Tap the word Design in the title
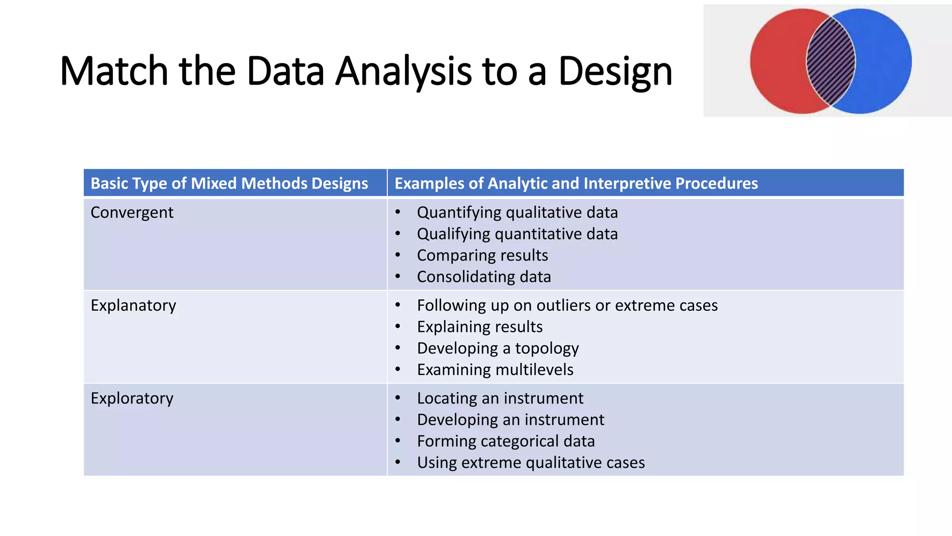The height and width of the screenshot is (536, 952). click(x=615, y=72)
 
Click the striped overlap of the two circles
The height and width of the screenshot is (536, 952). click(x=831, y=61)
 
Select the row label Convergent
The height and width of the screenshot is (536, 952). click(x=132, y=213)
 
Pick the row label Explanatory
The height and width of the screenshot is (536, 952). click(x=133, y=306)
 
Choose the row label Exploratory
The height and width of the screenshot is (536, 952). click(x=132, y=399)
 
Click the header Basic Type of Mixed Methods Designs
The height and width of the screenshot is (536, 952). click(x=229, y=183)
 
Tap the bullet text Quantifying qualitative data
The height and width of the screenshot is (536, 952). click(x=517, y=213)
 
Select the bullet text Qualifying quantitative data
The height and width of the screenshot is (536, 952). click(x=517, y=234)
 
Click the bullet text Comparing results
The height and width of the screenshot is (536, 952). click(x=483, y=255)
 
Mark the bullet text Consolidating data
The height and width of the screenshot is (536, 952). click(x=483, y=277)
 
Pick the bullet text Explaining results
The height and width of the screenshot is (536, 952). click(x=480, y=327)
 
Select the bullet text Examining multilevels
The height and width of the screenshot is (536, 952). click(x=495, y=370)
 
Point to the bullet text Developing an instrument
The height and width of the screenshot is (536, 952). click(x=510, y=420)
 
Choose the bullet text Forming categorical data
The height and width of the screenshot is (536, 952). click(x=506, y=442)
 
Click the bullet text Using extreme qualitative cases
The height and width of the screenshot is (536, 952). click(x=531, y=463)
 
